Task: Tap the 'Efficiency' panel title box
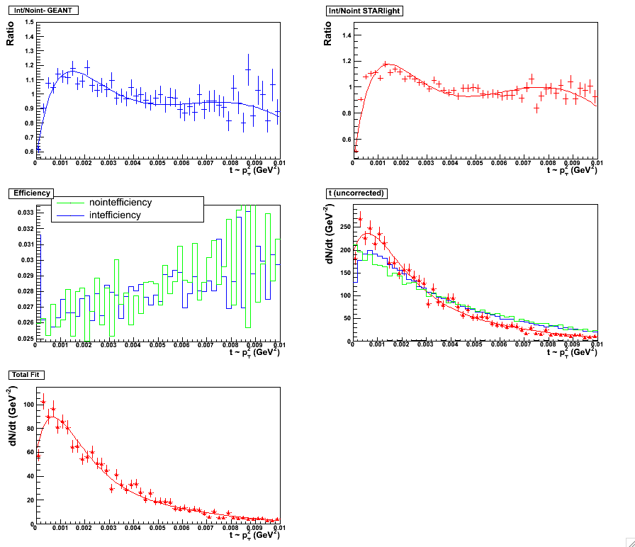28,192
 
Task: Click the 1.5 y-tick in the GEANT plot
28,22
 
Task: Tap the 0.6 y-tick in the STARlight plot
346,140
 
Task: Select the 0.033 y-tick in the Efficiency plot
24,213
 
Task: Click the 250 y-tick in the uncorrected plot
346,227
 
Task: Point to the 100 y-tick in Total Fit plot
28,405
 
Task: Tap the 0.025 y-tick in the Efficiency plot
24,339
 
